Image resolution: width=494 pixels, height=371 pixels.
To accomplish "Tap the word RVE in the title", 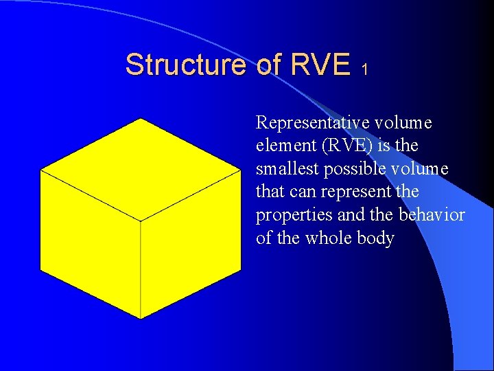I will (x=320, y=65).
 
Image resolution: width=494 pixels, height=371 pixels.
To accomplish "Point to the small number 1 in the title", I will (x=366, y=69).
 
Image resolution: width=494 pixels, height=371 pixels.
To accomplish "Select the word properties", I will (x=294, y=216).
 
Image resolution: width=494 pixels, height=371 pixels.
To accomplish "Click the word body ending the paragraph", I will (x=376, y=238).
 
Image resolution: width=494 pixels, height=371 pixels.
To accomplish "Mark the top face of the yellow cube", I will (x=141, y=170).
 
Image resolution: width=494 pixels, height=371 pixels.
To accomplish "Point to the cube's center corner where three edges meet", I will (x=141, y=221).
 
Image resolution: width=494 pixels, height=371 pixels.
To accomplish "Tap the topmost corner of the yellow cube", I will (x=141, y=119).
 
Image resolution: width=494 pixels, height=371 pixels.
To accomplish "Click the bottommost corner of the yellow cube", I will (x=141, y=319).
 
